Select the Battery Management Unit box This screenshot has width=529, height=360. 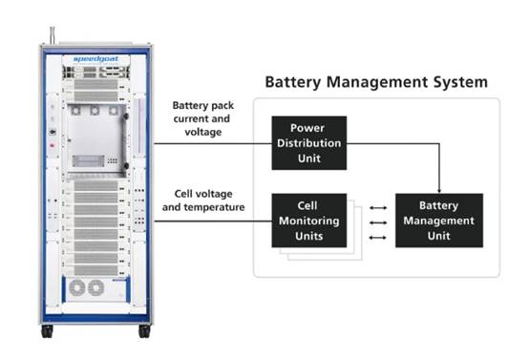(438, 221)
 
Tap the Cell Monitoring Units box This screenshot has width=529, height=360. (307, 221)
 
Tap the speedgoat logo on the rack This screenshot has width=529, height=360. (93, 59)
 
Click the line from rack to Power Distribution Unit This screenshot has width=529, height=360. (212, 143)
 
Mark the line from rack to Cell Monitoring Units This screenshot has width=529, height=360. (212, 221)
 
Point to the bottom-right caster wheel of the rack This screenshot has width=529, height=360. (144, 330)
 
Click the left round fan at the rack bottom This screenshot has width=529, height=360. (75, 287)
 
